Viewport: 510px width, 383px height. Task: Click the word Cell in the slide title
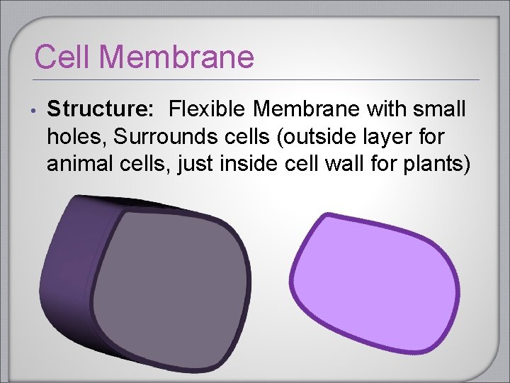[59, 57]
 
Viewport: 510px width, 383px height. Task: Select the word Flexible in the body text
[208, 110]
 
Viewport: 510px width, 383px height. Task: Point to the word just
[193, 165]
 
